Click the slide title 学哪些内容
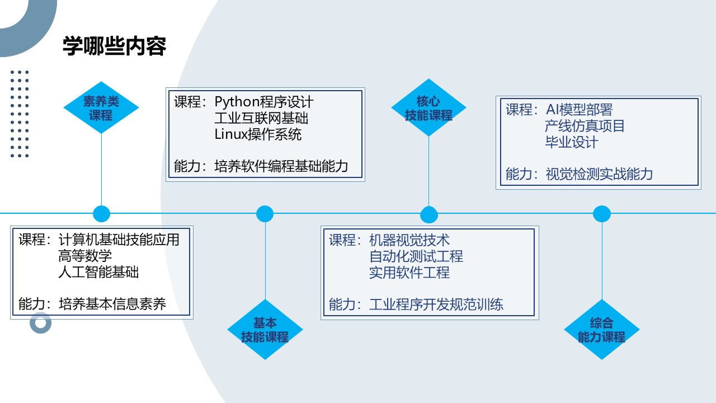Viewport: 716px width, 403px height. tap(114, 47)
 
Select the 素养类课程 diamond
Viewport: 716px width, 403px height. tap(101, 107)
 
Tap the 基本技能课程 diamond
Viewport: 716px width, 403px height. tap(265, 330)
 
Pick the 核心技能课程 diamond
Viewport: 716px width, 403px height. tap(428, 108)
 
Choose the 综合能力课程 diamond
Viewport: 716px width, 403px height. tap(601, 330)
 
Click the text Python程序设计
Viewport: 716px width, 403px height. tap(264, 102)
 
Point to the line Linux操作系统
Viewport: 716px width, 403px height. tap(258, 134)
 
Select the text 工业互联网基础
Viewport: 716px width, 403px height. tap(261, 119)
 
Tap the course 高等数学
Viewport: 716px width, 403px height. tap(85, 256)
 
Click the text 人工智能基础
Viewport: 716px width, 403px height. tap(98, 273)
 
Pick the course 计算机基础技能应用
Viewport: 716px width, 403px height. tap(119, 240)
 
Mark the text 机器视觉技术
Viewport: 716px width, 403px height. tap(409, 241)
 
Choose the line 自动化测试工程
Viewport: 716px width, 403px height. tap(416, 257)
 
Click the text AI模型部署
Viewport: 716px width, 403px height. tap(579, 110)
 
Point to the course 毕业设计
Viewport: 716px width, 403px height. tap(571, 142)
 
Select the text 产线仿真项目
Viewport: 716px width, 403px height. tap(585, 126)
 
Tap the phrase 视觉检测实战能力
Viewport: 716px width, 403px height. tap(599, 174)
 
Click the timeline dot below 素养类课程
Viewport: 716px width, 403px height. tap(101, 213)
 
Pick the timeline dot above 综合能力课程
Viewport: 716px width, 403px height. tap(601, 214)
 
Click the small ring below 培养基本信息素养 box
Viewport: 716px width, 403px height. tap(41, 323)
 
